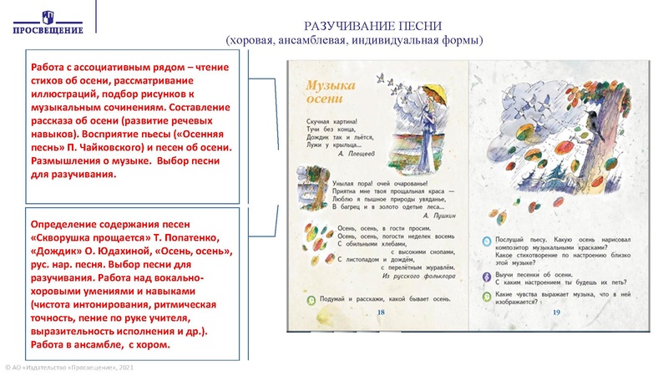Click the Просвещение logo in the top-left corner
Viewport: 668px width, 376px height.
click(x=48, y=21)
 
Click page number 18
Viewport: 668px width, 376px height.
click(x=381, y=312)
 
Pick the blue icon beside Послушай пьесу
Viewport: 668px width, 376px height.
click(x=488, y=238)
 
